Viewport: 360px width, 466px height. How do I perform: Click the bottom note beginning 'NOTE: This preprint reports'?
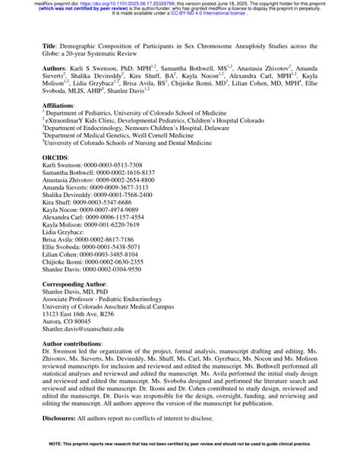click(x=179, y=461)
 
